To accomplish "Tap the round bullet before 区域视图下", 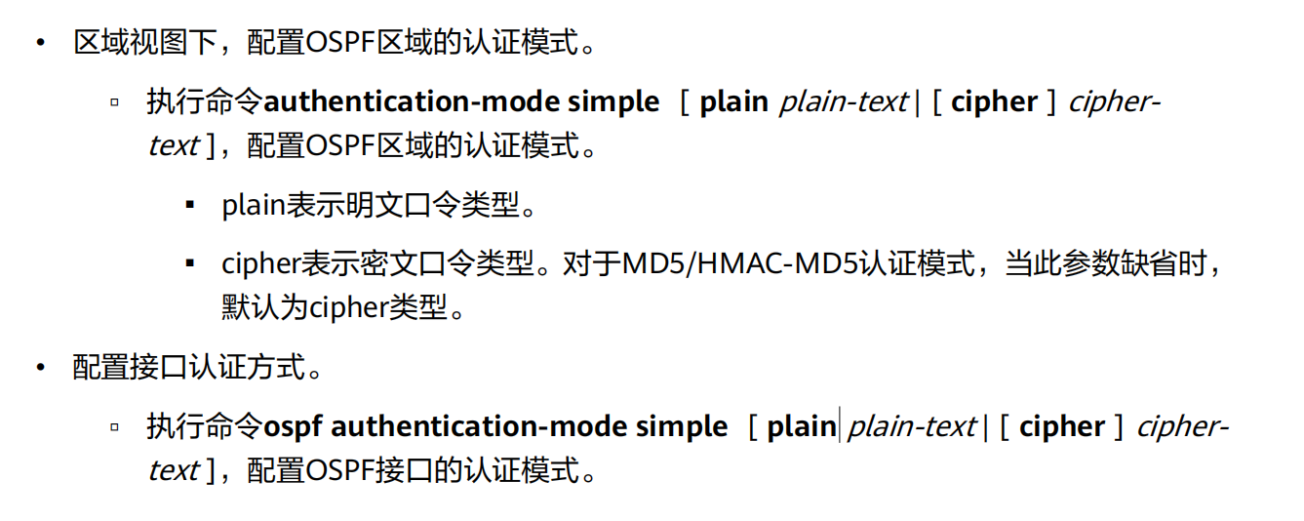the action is pos(40,44).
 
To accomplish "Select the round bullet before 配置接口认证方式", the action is pos(40,369).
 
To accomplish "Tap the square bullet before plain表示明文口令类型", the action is pos(188,206).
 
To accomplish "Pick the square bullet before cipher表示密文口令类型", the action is pos(188,264).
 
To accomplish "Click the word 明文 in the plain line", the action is pos(367,206).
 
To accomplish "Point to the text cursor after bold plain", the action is pos(840,426).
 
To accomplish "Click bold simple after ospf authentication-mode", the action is pos(681,427).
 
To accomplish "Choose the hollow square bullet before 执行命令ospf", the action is pos(115,427).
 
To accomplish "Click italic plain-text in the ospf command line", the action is pos(911,427).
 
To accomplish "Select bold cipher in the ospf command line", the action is pos(1061,427).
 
